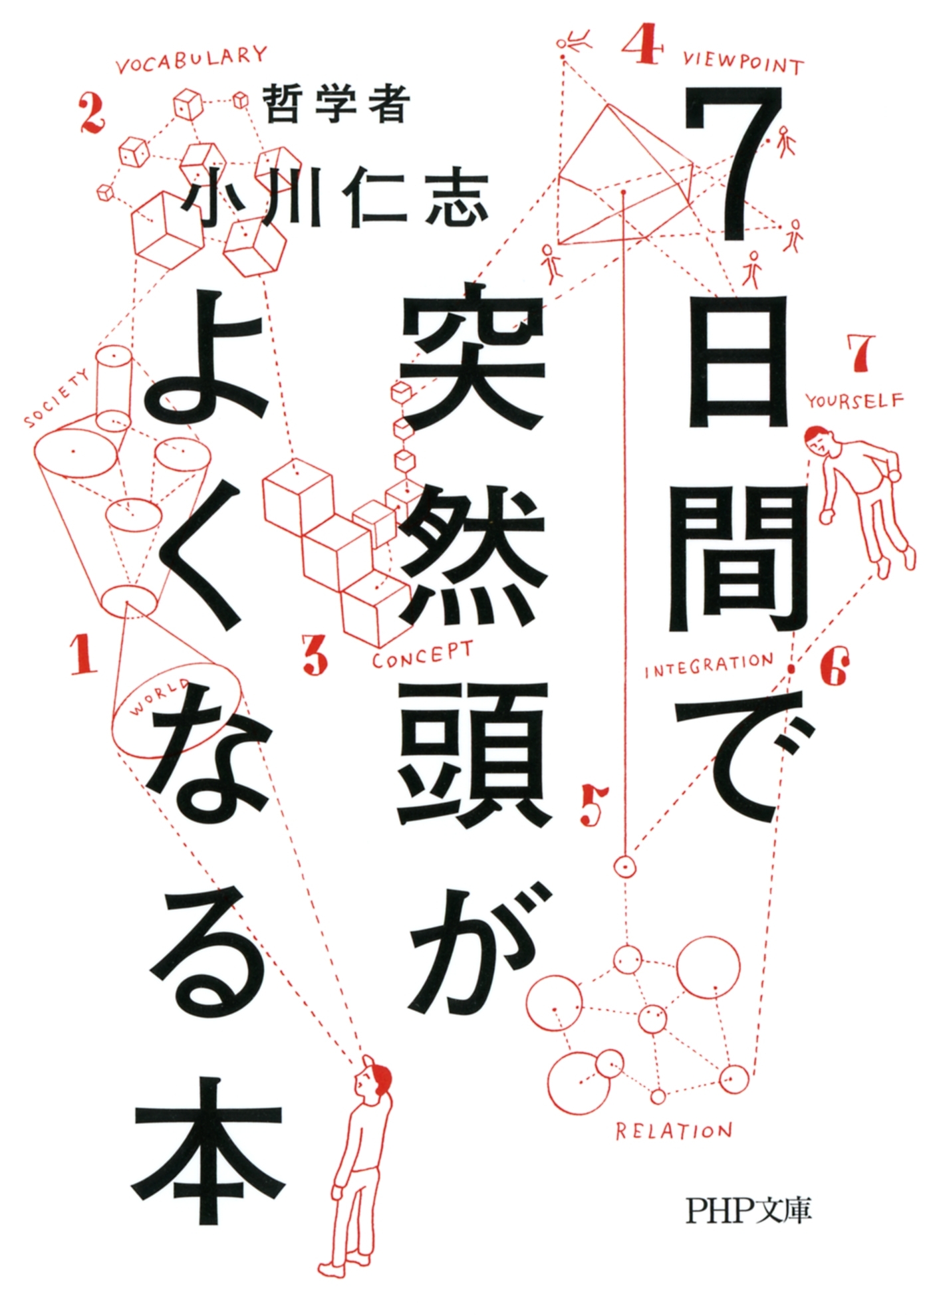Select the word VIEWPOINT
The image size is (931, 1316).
point(743,63)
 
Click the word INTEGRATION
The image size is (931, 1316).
point(709,665)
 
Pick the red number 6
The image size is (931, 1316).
point(833,667)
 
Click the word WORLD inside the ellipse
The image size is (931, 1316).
point(158,697)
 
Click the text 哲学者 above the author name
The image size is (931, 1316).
point(336,105)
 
